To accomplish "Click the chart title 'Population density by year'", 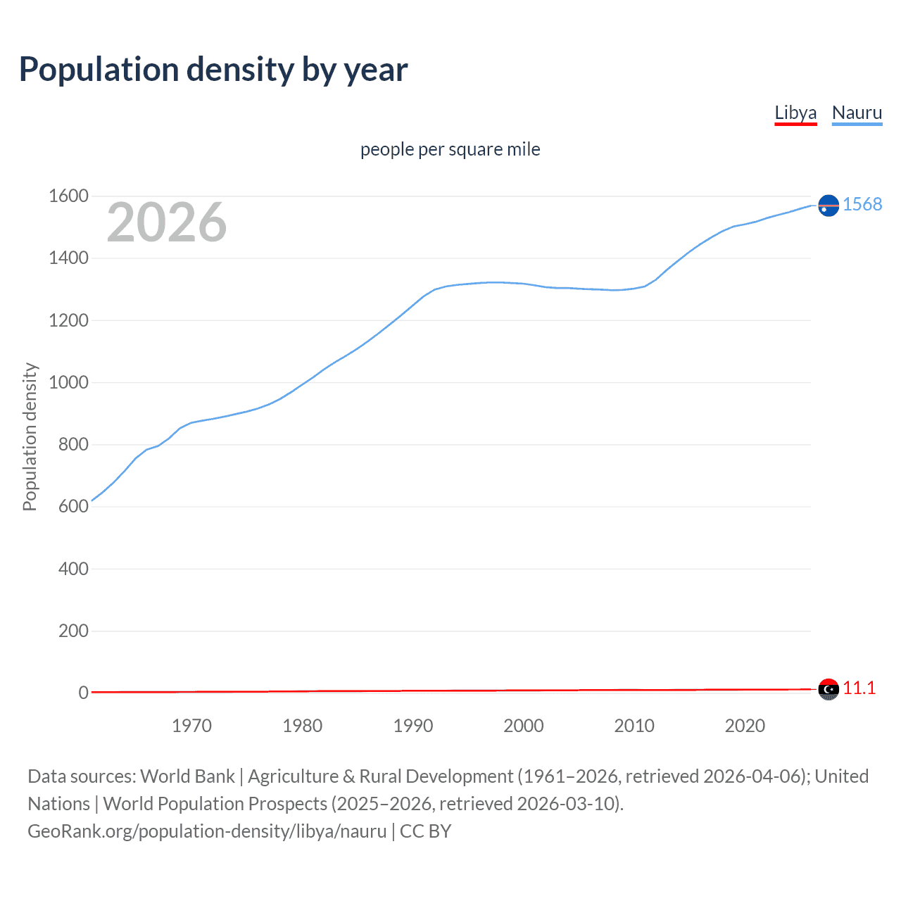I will [x=213, y=70].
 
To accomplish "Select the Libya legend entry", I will [x=795, y=113].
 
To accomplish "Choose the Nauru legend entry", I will [x=857, y=113].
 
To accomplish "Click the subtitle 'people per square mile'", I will [x=450, y=150].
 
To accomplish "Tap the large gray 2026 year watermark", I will [x=167, y=222].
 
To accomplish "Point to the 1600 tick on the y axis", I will [x=68, y=196].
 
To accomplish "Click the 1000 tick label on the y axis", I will [x=68, y=383].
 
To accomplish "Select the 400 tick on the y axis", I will [x=73, y=569].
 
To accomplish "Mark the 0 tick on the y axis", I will [x=83, y=693].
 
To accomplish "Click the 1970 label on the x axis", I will [x=191, y=726].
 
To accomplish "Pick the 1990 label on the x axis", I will [x=413, y=726].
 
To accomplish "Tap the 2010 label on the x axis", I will [x=634, y=726].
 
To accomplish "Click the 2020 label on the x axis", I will [x=745, y=726].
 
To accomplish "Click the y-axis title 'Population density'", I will [x=30, y=436].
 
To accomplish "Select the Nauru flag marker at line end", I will [x=828, y=205].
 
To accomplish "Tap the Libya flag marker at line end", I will [x=828, y=689].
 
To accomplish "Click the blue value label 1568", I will [x=862, y=204].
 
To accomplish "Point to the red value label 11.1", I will [x=859, y=688].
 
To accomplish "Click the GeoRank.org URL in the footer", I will [x=207, y=831].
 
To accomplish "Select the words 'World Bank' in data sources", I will [x=187, y=776].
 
